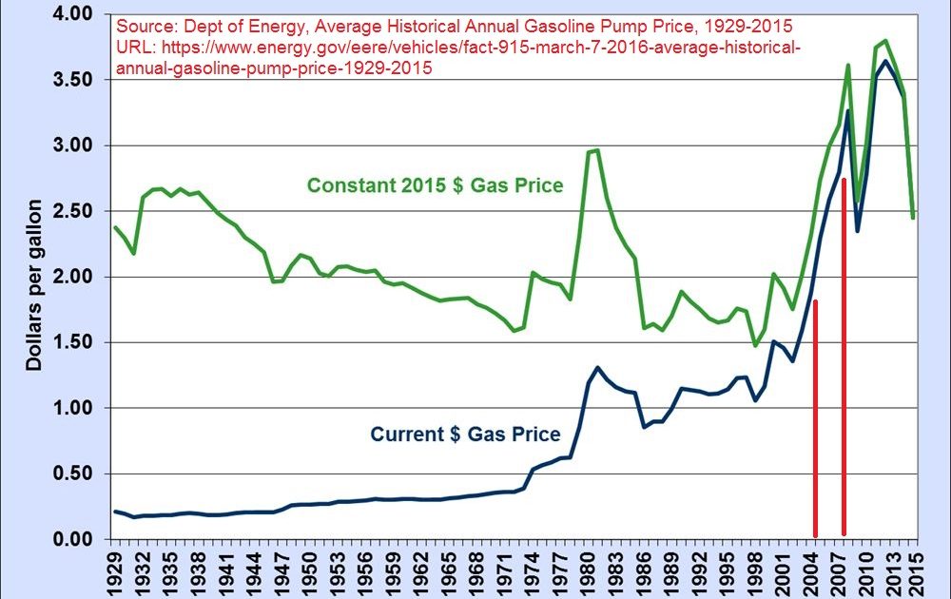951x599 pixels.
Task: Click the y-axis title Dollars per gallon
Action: (34, 285)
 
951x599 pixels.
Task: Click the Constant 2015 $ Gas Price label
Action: (437, 185)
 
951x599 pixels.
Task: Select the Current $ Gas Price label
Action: (465, 435)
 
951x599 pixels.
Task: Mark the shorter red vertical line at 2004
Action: (815, 418)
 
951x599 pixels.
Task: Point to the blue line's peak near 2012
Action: (886, 61)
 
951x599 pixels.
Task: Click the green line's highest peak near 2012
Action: (886, 41)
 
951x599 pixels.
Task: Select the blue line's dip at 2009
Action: (858, 231)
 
